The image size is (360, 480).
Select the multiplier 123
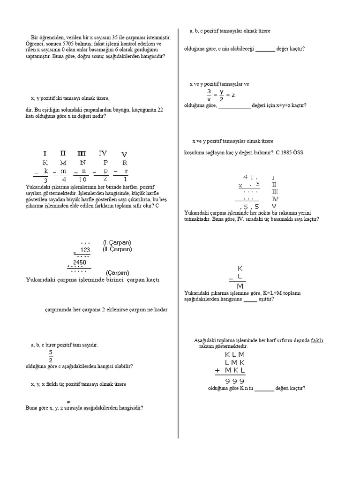(x=85, y=250)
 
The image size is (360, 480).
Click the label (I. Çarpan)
(x=117, y=242)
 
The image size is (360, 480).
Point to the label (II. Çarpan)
(x=118, y=249)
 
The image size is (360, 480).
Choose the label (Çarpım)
(x=117, y=272)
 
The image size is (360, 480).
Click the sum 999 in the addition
(x=235, y=381)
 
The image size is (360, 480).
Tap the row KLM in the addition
(x=235, y=354)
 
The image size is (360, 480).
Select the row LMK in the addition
(x=235, y=362)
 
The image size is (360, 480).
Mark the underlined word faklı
(x=317, y=340)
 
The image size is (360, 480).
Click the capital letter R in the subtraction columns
(x=124, y=163)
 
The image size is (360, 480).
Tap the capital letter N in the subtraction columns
(x=83, y=163)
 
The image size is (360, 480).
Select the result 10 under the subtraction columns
(x=82, y=180)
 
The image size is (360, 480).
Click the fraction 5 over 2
(x=50, y=357)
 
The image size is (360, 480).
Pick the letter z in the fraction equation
(x=232, y=95)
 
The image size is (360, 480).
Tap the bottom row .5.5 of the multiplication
(x=249, y=207)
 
